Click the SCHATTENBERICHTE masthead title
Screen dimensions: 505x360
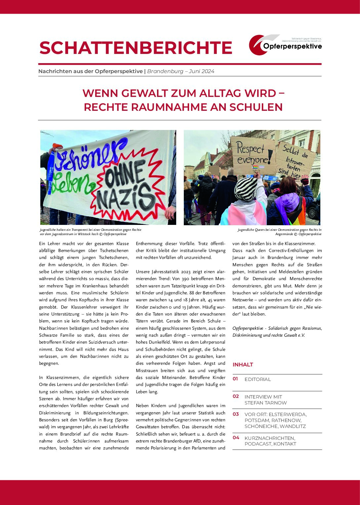point(136,48)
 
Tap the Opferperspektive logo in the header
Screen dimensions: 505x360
point(285,45)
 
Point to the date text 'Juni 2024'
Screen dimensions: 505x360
point(201,71)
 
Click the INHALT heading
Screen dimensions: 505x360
point(243,364)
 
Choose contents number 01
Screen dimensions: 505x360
point(235,379)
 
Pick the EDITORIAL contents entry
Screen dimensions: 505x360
point(258,379)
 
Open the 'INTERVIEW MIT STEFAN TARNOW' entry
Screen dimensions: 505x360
point(265,400)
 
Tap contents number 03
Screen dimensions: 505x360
point(236,414)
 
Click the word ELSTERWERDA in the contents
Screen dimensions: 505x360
point(288,414)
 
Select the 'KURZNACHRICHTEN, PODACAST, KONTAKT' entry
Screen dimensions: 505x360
point(270,441)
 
